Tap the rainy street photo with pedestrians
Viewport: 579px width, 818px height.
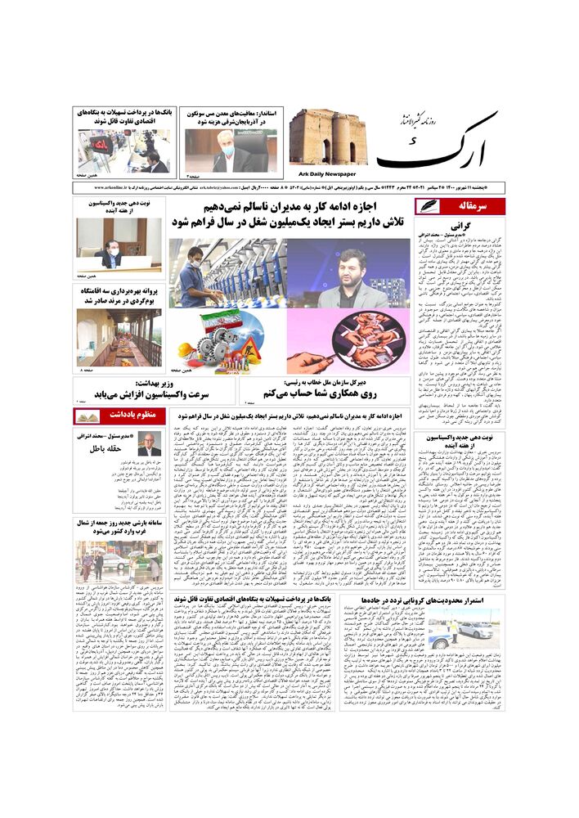(x=119, y=563)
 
